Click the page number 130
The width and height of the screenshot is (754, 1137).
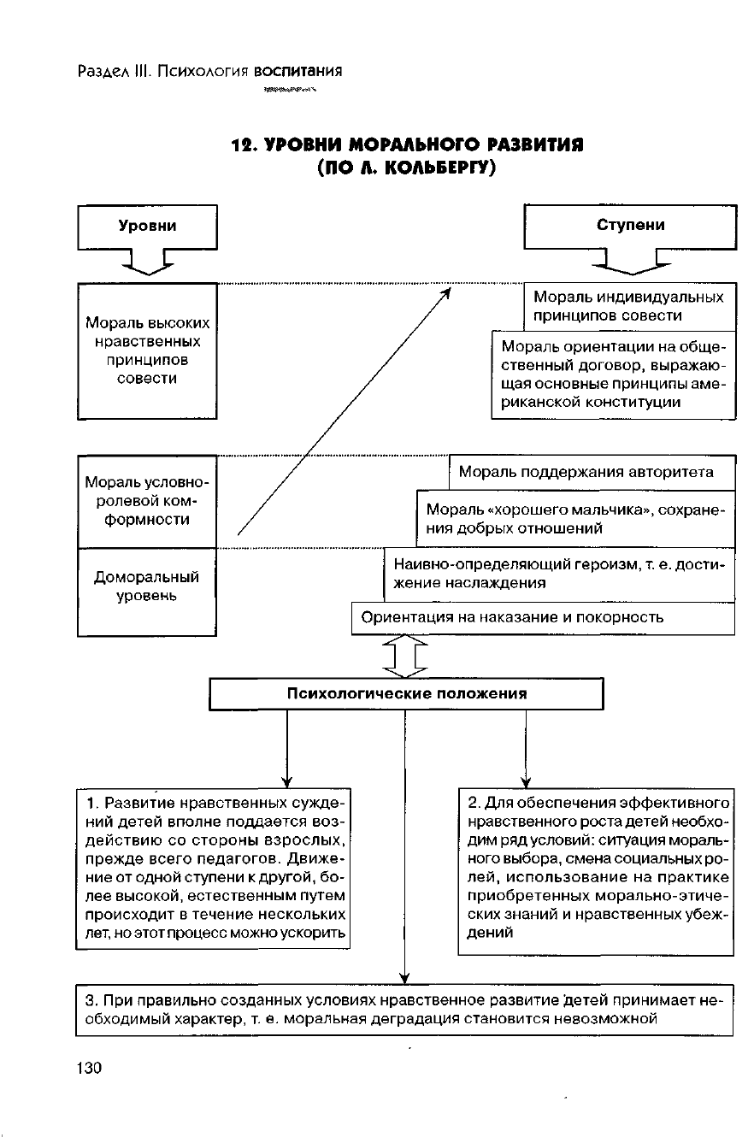[89, 1068]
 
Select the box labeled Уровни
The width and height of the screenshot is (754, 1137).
[147, 227]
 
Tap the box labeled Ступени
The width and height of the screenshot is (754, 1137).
[630, 227]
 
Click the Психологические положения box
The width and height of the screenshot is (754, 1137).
[407, 693]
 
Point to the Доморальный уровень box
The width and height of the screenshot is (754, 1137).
[147, 592]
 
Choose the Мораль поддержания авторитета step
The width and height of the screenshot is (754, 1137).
[592, 472]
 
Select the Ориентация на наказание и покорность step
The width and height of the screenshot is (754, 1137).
[543, 617]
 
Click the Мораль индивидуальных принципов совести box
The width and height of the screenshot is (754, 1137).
[629, 306]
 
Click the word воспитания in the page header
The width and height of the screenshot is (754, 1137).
[303, 71]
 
